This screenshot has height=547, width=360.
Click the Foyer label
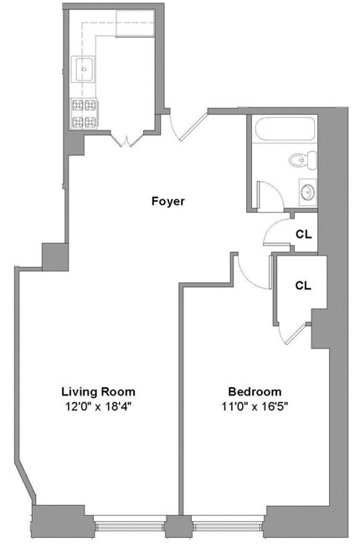(x=167, y=201)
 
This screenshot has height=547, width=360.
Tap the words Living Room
(x=98, y=391)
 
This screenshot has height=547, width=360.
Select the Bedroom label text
(x=255, y=391)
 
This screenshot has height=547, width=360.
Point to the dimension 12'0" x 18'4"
(x=98, y=407)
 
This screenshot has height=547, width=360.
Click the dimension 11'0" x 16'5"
(x=255, y=407)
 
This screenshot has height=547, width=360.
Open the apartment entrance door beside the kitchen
(x=184, y=126)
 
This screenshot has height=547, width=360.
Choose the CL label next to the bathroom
(x=304, y=234)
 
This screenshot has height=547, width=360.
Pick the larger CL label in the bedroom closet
(x=303, y=285)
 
